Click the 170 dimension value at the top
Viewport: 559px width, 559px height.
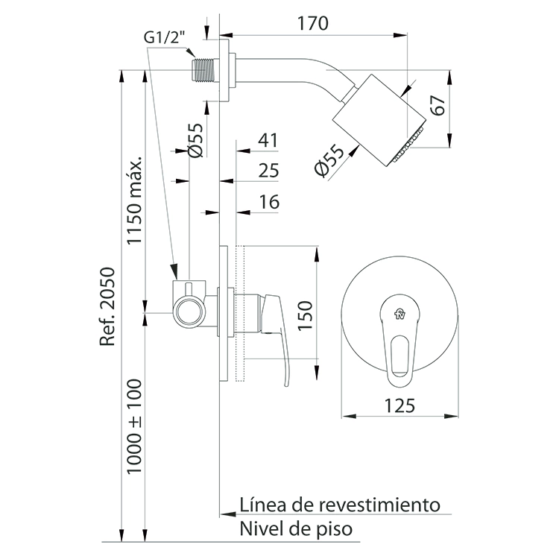[x=312, y=24]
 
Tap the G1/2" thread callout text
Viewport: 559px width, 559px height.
[x=165, y=37]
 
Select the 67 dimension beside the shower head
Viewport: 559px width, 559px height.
[x=438, y=105]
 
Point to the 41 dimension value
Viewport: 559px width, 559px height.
[x=268, y=140]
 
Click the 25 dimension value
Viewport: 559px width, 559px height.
[x=268, y=171]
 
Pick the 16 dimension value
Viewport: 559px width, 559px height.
[x=270, y=202]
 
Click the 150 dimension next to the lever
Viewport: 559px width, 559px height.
[x=305, y=316]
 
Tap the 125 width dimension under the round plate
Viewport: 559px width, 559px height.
[x=400, y=405]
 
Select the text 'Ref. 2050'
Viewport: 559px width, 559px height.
[x=107, y=306]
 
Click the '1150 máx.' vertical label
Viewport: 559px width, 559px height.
[x=135, y=200]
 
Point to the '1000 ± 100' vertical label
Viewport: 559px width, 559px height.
[x=135, y=427]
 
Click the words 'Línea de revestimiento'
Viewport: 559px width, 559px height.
[x=340, y=505]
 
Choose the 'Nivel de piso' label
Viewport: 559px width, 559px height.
[x=296, y=528]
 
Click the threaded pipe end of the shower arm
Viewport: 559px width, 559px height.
[x=203, y=70]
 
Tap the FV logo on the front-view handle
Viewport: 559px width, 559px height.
[x=399, y=314]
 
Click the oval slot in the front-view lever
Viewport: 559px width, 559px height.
[x=399, y=356]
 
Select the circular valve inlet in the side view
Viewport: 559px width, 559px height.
[x=189, y=312]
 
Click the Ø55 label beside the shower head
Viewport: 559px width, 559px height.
[x=329, y=160]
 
